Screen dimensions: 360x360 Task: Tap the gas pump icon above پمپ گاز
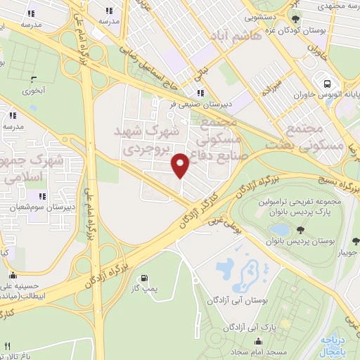[x=144, y=278]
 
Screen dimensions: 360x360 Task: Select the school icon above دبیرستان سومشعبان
[x=42, y=196]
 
